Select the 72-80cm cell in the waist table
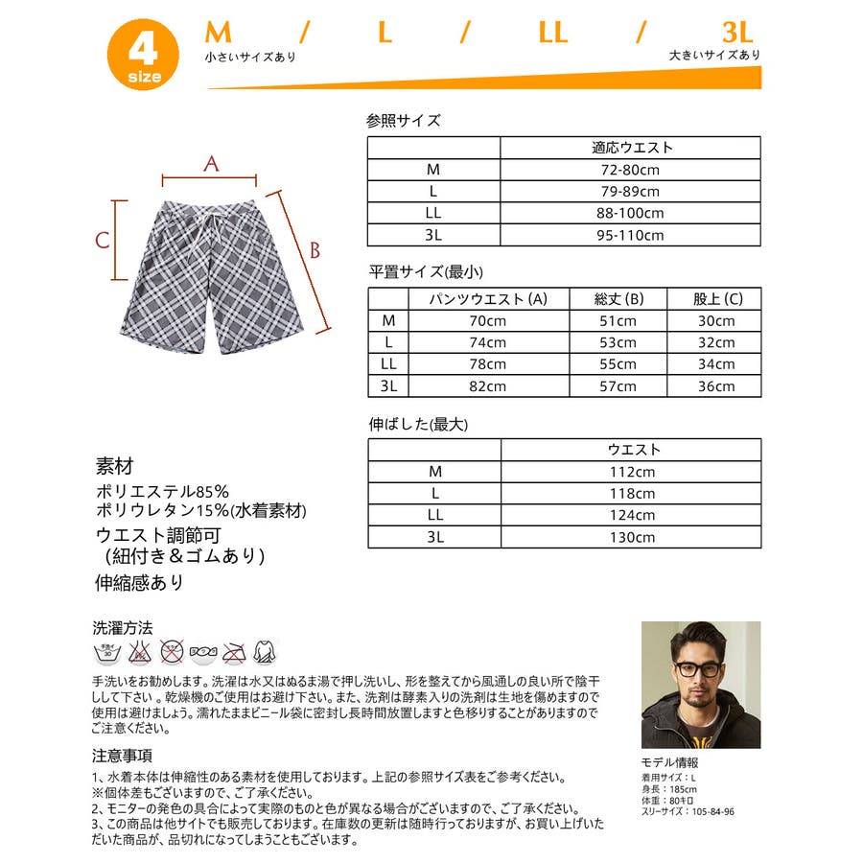pyautogui.click(x=630, y=170)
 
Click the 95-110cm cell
pyautogui.click(x=630, y=235)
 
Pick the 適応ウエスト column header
pyautogui.click(x=630, y=148)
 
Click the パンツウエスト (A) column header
pyautogui.click(x=488, y=299)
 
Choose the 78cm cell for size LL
pyautogui.click(x=488, y=364)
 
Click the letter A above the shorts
pyautogui.click(x=212, y=164)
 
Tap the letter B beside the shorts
pyautogui.click(x=313, y=250)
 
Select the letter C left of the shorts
pyautogui.click(x=102, y=240)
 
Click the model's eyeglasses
pyautogui.click(x=699, y=668)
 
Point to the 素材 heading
pyautogui.click(x=115, y=468)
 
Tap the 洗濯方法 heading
pyautogui.click(x=122, y=628)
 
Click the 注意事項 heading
pyautogui.click(x=122, y=756)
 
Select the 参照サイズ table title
pyautogui.click(x=404, y=121)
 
